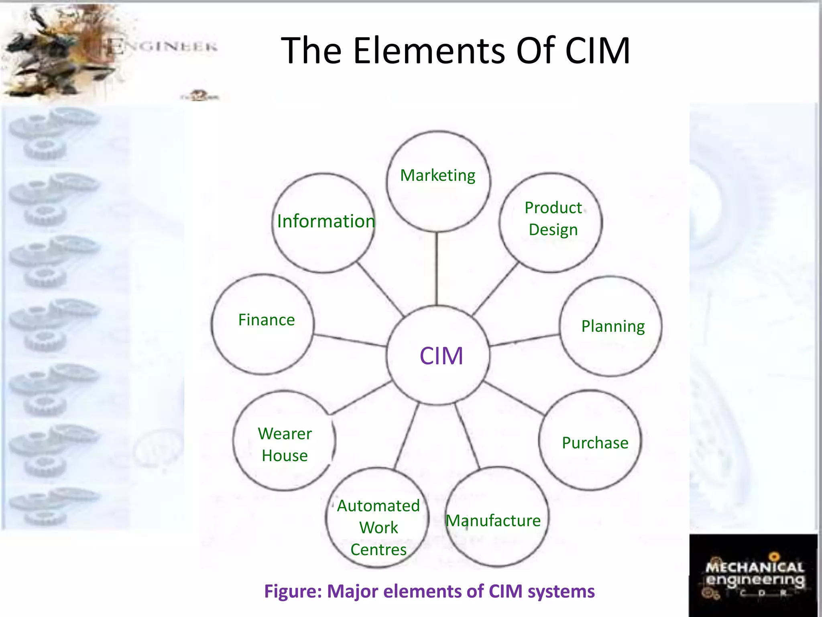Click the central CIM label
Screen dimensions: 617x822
tap(441, 356)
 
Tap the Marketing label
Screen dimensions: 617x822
tap(437, 176)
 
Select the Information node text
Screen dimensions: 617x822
tap(326, 221)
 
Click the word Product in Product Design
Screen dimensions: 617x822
tap(553, 208)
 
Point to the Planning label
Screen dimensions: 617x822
tap(613, 326)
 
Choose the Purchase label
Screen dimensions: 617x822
tap(595, 443)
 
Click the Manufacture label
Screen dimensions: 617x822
tap(493, 521)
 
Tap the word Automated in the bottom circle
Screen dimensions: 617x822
tap(378, 506)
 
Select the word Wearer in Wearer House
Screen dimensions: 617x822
tap(285, 434)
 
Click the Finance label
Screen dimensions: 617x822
tap(267, 320)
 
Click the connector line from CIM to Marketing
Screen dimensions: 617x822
tap(437, 269)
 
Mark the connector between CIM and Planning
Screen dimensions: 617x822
tap(524, 340)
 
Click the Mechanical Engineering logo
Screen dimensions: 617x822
tap(754, 575)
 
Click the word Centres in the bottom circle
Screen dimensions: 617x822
tap(378, 550)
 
